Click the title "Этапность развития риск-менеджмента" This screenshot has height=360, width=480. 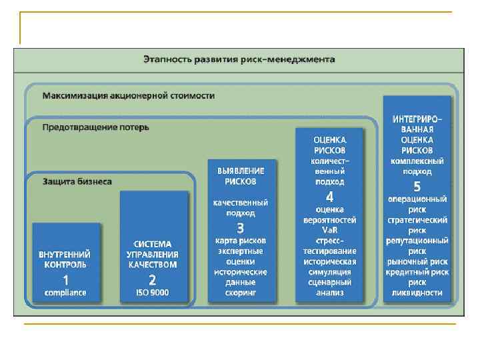[239, 59]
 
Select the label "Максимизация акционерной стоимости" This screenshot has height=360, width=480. [129, 96]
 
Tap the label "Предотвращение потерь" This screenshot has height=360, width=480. [96, 127]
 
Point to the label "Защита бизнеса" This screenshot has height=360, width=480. [77, 181]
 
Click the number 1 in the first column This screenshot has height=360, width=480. [65, 280]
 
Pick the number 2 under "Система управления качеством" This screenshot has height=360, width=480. [153, 280]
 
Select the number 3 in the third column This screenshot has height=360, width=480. [240, 228]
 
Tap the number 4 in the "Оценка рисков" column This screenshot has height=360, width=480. [329, 197]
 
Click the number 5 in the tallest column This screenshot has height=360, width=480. [417, 186]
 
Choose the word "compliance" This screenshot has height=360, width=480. [65, 293]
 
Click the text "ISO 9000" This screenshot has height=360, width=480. [153, 293]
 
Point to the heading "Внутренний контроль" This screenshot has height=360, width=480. [65, 259]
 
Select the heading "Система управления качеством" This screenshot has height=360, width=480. [153, 254]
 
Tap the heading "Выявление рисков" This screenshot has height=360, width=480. [240, 176]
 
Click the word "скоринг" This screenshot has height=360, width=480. [240, 293]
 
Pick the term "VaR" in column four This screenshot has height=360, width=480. [329, 230]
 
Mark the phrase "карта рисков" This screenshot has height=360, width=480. [240, 240]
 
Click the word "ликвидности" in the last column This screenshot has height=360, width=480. [417, 293]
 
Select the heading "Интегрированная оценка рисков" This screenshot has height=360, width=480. [417, 135]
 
